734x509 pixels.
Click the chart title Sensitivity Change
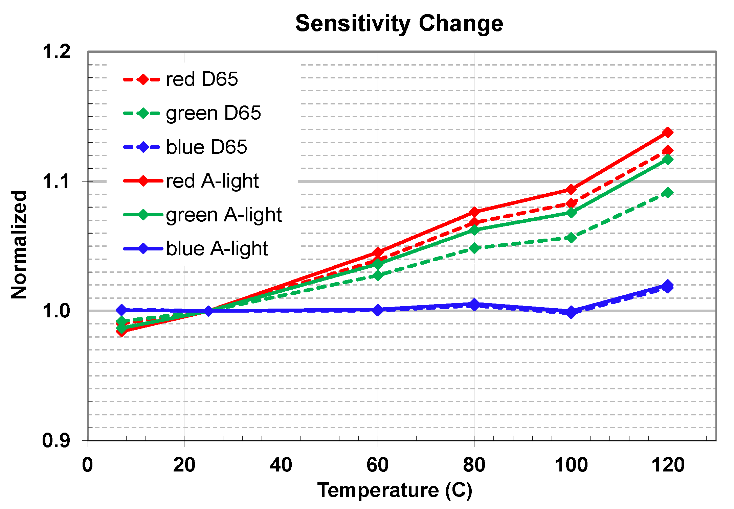click(x=399, y=24)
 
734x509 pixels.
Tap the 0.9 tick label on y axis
click(x=56, y=440)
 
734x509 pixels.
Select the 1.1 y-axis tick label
click(x=56, y=181)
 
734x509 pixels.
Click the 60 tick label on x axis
click(x=377, y=465)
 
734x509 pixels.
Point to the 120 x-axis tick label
click(x=668, y=465)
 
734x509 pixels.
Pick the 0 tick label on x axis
click(x=88, y=465)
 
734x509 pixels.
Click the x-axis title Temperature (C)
click(x=395, y=490)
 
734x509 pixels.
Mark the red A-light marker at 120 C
click(x=668, y=132)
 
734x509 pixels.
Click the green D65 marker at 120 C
click(x=668, y=193)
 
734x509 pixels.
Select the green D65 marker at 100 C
click(x=571, y=238)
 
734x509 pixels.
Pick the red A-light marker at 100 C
click(x=571, y=189)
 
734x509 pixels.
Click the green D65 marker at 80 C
click(x=474, y=248)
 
